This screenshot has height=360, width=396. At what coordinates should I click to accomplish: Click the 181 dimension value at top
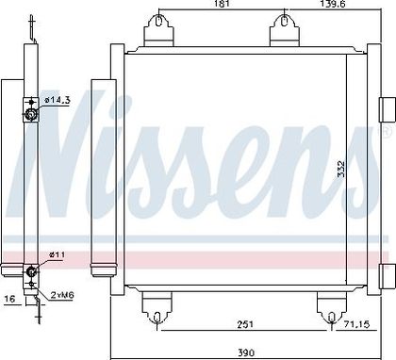click(x=222, y=4)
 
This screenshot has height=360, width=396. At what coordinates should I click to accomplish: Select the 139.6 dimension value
click(x=333, y=4)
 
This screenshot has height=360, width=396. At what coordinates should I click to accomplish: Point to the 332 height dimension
click(x=341, y=169)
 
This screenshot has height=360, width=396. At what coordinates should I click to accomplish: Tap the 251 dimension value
click(x=245, y=324)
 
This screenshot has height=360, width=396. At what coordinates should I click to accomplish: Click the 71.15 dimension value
click(x=355, y=323)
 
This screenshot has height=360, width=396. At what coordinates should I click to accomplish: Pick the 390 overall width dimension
click(x=246, y=352)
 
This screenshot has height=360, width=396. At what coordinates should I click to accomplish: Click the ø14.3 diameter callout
click(x=58, y=101)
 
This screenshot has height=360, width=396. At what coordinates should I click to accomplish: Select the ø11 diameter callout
click(x=57, y=254)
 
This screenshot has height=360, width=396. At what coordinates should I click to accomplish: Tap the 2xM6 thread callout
click(x=62, y=295)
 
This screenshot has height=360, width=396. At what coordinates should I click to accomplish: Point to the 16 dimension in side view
click(x=9, y=298)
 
